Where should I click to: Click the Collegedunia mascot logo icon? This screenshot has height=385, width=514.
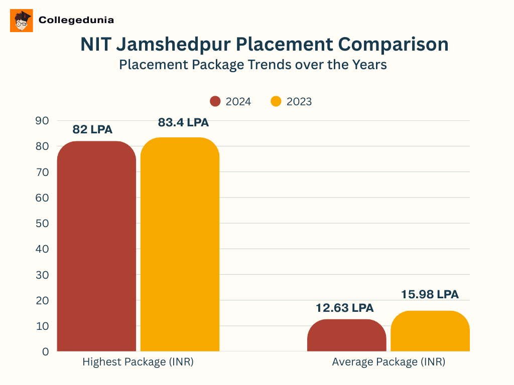pyautogui.click(x=22, y=21)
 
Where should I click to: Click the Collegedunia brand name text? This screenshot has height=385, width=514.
pyautogui.click(x=76, y=21)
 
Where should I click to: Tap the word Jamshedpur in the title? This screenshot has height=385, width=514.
pyautogui.click(x=174, y=45)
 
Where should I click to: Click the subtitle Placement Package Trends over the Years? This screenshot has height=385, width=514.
pyautogui.click(x=253, y=65)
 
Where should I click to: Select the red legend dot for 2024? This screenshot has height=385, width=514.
pyautogui.click(x=215, y=101)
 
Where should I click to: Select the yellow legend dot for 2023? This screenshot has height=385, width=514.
pyautogui.click(x=276, y=101)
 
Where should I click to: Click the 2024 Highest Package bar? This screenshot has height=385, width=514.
pyautogui.click(x=96, y=246)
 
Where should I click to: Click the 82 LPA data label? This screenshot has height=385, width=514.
pyautogui.click(x=92, y=129)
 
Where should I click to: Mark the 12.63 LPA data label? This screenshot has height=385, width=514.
pyautogui.click(x=345, y=308)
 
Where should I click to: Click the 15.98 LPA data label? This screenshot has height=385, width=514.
pyautogui.click(x=430, y=294)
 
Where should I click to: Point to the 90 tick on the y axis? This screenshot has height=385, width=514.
pyautogui.click(x=42, y=120)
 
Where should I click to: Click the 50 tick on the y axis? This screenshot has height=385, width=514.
pyautogui.click(x=42, y=223)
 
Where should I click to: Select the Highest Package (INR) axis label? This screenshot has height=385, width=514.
pyautogui.click(x=138, y=362)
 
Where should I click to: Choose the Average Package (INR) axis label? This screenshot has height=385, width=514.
pyautogui.click(x=389, y=362)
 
